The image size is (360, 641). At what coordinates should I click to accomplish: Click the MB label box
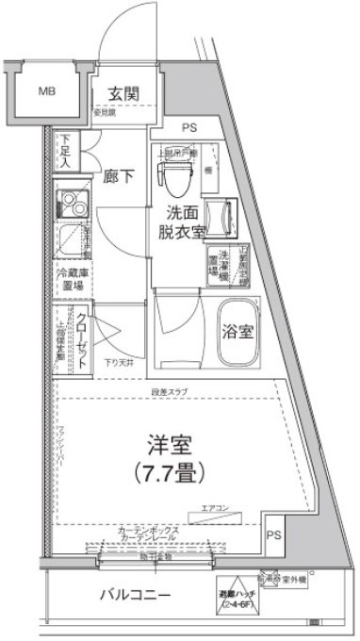pyautogui.click(x=45, y=91)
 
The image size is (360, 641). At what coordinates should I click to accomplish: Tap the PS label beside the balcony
pyautogui.click(x=273, y=534)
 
